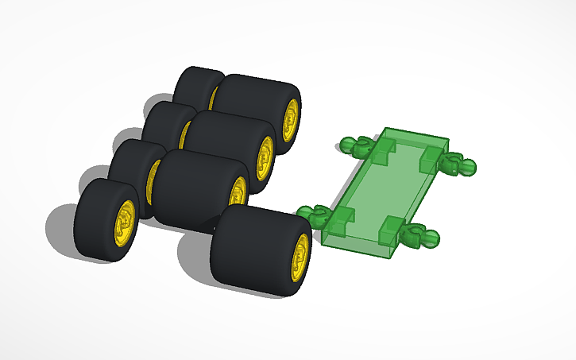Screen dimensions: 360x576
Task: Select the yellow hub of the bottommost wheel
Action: point(300,257)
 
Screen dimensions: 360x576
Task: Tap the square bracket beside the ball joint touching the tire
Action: point(339,219)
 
